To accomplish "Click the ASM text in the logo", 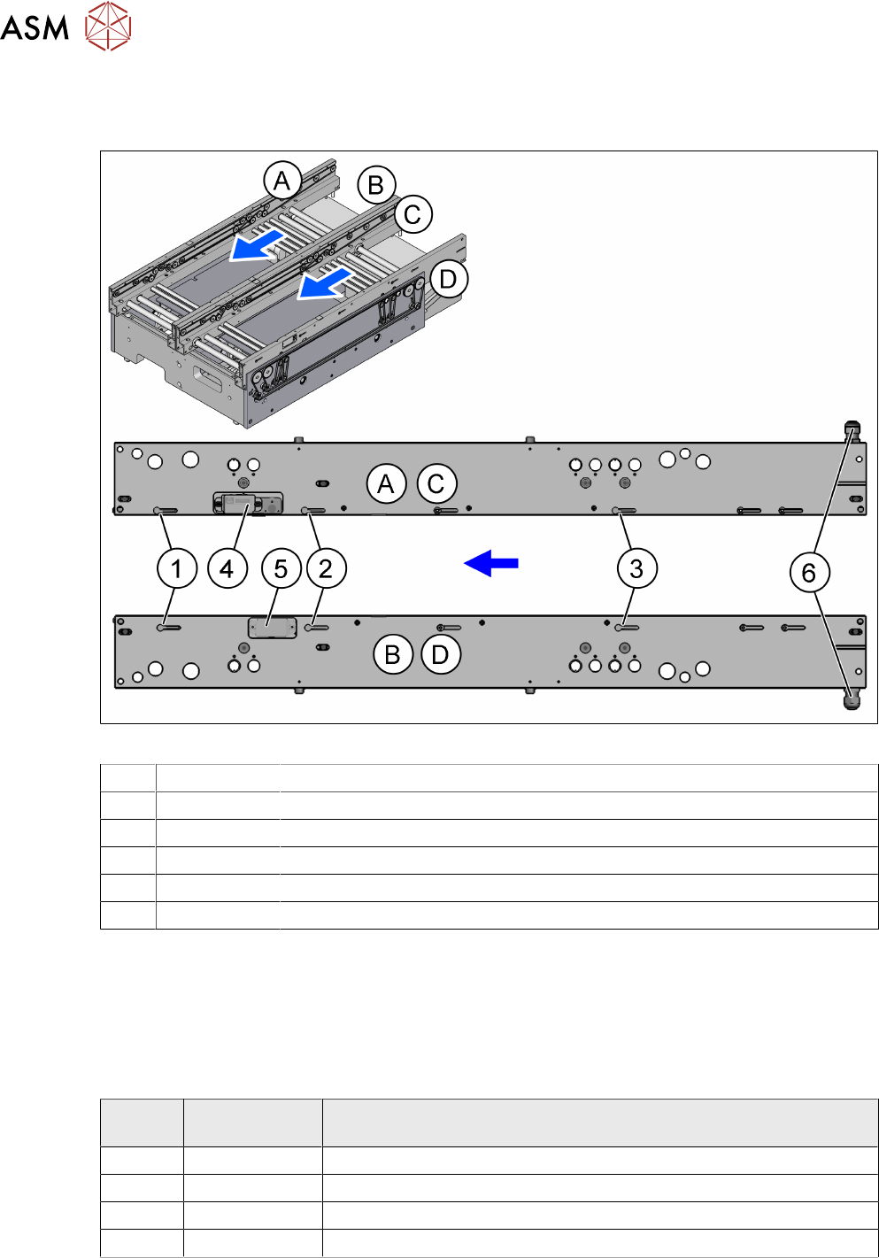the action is click(35, 28).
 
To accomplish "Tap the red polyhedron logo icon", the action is click(108, 26).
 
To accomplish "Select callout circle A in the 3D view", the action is click(282, 181).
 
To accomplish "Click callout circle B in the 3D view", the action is click(376, 185).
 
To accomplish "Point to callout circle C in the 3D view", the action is click(413, 214).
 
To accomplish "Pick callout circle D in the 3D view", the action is click(448, 279).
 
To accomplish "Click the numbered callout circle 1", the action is click(177, 569).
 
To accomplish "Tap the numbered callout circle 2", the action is click(327, 569).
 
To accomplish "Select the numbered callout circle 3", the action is click(637, 568).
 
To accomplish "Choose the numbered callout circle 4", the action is click(227, 569).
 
